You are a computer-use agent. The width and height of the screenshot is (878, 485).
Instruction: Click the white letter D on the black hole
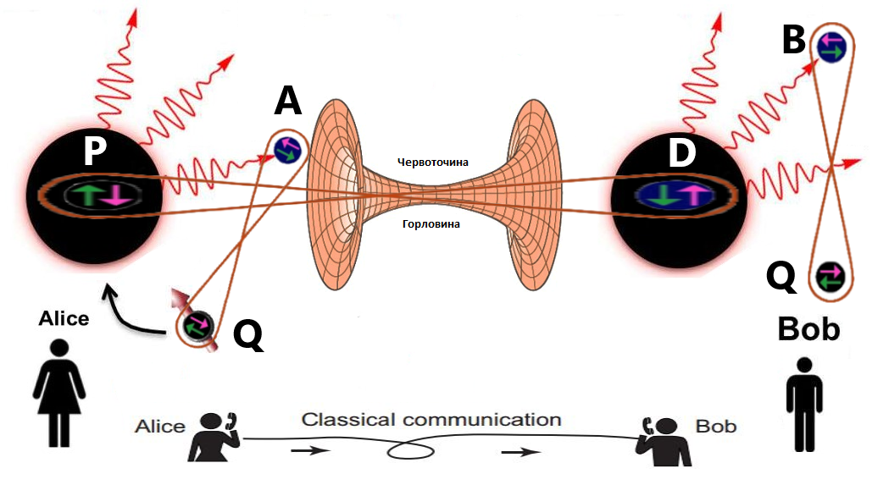click(x=681, y=153)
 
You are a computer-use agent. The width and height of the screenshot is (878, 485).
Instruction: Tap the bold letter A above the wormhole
click(x=288, y=102)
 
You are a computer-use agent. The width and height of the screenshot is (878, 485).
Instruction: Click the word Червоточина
click(x=433, y=161)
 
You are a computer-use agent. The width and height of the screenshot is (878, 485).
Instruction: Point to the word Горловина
click(x=433, y=224)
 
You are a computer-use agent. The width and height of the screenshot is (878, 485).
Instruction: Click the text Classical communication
click(x=431, y=420)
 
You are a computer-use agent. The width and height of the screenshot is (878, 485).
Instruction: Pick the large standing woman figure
click(x=58, y=393)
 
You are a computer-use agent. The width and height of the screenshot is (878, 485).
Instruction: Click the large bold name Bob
click(x=809, y=329)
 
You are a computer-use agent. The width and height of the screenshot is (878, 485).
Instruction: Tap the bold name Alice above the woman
click(x=64, y=318)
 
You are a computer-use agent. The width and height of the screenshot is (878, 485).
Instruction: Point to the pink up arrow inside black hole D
click(x=695, y=194)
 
